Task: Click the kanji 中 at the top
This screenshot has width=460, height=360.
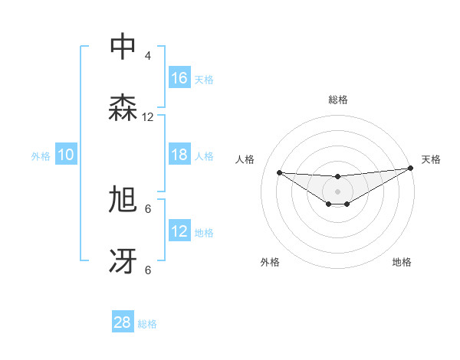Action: coord(123,47)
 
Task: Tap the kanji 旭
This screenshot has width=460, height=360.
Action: coord(123,201)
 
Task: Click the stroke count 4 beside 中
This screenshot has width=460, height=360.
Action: coord(148,56)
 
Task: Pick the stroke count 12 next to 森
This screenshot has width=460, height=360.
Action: coord(148,117)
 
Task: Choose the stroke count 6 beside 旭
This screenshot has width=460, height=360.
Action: coord(148,208)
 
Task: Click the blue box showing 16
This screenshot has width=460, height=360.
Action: coord(179,78)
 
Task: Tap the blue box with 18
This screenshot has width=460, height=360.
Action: coord(179,155)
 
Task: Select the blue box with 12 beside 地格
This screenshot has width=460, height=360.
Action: coord(179,231)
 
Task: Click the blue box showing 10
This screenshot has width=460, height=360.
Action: coord(66,155)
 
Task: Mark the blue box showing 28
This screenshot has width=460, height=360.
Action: coord(123,322)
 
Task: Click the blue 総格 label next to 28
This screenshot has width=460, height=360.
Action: coord(147,324)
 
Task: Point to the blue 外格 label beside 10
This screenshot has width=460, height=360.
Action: coord(41,156)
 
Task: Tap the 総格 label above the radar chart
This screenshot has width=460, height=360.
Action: coord(338,100)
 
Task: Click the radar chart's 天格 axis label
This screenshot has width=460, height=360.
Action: coord(432,159)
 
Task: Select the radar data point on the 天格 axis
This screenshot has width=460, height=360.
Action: coord(410,169)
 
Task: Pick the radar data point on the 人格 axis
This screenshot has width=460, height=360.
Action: coord(279,172)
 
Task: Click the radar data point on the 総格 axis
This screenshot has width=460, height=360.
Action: coord(337,177)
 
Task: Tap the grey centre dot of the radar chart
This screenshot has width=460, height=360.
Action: coord(337,191)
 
